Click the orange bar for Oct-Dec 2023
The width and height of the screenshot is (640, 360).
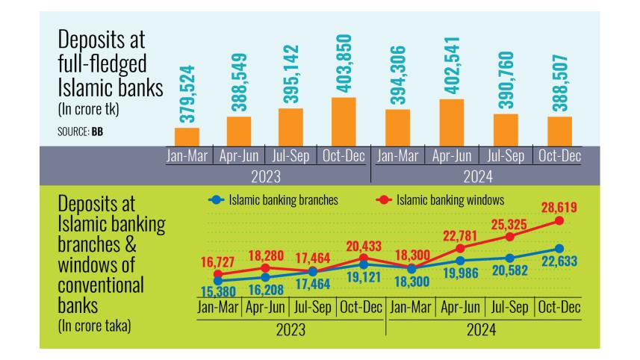[x=344, y=122]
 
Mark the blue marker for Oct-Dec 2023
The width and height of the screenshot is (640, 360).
[x=363, y=264]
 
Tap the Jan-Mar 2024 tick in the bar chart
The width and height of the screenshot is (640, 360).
[x=397, y=156]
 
